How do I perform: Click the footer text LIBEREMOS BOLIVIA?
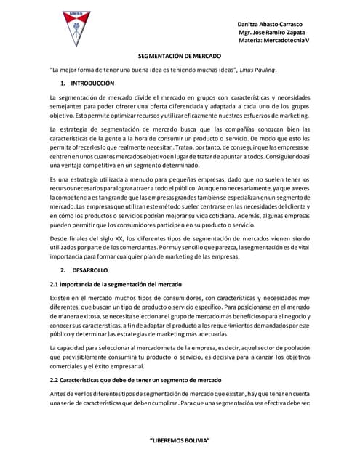180,441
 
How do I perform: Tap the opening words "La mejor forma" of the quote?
72,70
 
